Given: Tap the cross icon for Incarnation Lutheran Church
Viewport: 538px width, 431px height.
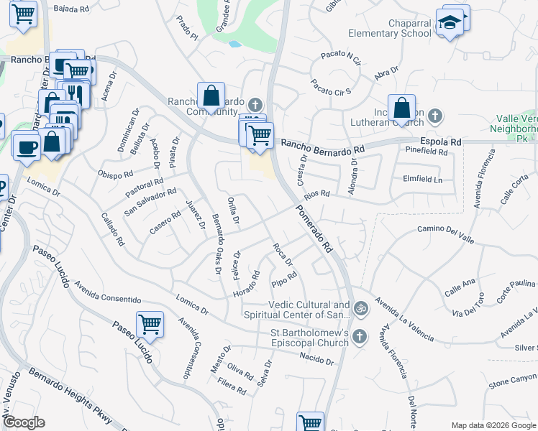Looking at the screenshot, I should pos(435,116).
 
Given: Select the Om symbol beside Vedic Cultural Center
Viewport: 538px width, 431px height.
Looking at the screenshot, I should pos(360,310).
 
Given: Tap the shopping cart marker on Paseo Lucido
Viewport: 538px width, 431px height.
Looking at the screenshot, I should pos(150,325).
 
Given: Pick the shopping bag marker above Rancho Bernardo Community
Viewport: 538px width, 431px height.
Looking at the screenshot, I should pos(210,95).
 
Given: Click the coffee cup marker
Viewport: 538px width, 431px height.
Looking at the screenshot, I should pos(27,147).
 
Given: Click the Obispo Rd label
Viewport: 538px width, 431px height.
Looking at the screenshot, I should pos(116,175).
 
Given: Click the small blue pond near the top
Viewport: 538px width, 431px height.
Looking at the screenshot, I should pos(234,44).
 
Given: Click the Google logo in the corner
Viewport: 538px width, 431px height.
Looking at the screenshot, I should pos(23,422).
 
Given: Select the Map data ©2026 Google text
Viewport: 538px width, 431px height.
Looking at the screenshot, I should pos(493,425).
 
